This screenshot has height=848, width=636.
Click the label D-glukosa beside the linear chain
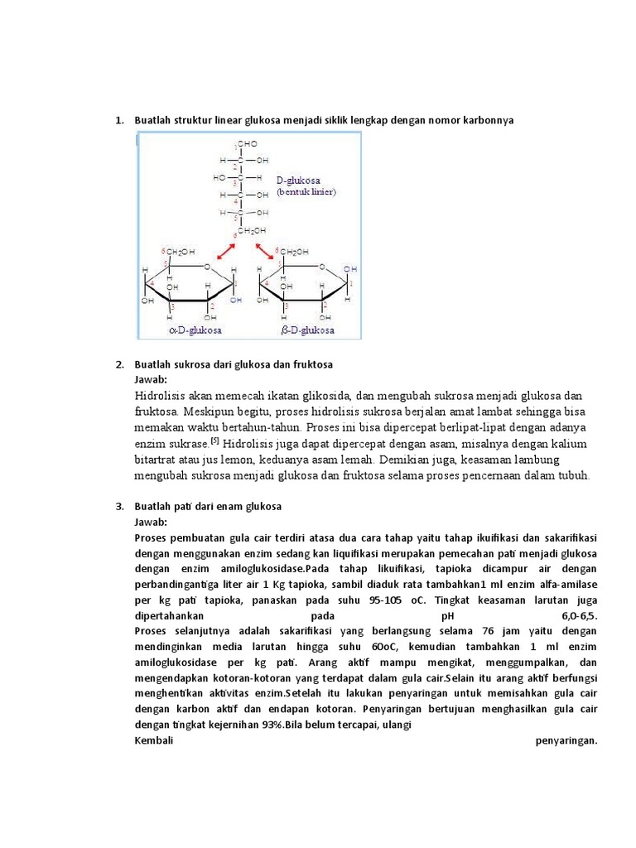[x=299, y=179]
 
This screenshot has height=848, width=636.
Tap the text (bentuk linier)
[x=306, y=191]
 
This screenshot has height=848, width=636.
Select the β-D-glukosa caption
[x=308, y=330]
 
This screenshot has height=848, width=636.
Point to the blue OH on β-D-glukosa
[x=351, y=269]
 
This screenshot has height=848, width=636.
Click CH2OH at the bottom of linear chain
[x=253, y=230]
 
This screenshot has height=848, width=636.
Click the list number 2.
[x=119, y=364]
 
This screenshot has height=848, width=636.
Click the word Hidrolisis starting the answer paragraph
[x=161, y=395]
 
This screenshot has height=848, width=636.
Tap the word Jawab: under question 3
[x=151, y=522]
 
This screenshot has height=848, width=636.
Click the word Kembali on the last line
[x=152, y=740]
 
